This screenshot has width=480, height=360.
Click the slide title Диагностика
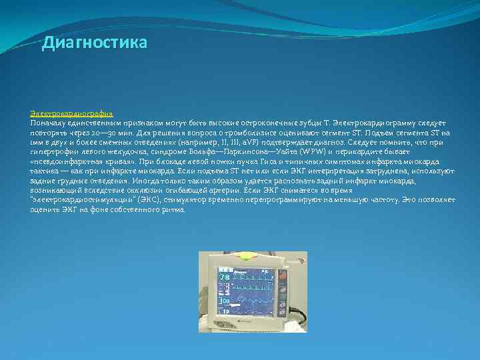[x=94, y=43]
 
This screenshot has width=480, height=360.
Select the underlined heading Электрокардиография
[x=71, y=114]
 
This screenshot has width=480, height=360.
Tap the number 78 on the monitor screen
[x=225, y=277]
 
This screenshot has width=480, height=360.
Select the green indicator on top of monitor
[x=248, y=256]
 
